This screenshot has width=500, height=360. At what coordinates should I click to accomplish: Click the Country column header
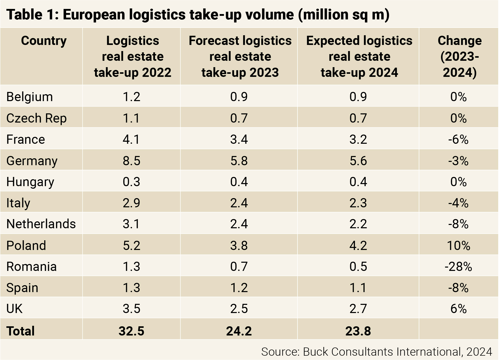click(x=44, y=41)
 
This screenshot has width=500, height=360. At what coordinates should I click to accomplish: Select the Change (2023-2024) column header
click(x=460, y=56)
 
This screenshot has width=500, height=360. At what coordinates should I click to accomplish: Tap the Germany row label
click(x=32, y=161)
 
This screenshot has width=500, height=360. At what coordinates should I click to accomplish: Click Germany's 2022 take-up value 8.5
click(x=132, y=161)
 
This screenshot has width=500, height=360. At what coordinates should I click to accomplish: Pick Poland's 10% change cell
click(x=459, y=246)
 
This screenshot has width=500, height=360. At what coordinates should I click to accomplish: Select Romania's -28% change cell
click(x=458, y=267)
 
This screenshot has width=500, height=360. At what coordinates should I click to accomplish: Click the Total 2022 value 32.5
click(x=132, y=331)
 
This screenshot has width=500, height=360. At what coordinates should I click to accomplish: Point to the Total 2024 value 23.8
click(x=358, y=331)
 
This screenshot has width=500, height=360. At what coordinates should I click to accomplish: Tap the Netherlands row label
click(x=41, y=224)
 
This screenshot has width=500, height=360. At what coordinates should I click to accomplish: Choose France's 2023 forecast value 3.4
click(x=239, y=140)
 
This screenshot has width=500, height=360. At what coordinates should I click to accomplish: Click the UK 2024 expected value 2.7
click(x=358, y=309)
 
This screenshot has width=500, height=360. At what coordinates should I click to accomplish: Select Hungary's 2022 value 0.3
click(x=132, y=182)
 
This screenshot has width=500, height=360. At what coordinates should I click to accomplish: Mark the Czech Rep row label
click(x=37, y=118)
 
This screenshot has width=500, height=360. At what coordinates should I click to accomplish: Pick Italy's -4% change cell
click(x=458, y=203)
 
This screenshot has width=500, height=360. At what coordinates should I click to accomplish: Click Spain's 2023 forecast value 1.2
click(x=239, y=288)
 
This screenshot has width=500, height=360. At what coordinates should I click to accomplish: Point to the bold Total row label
click(x=20, y=331)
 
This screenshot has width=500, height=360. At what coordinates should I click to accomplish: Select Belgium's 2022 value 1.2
click(x=132, y=97)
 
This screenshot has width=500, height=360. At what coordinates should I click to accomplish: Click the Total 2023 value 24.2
click(x=239, y=331)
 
